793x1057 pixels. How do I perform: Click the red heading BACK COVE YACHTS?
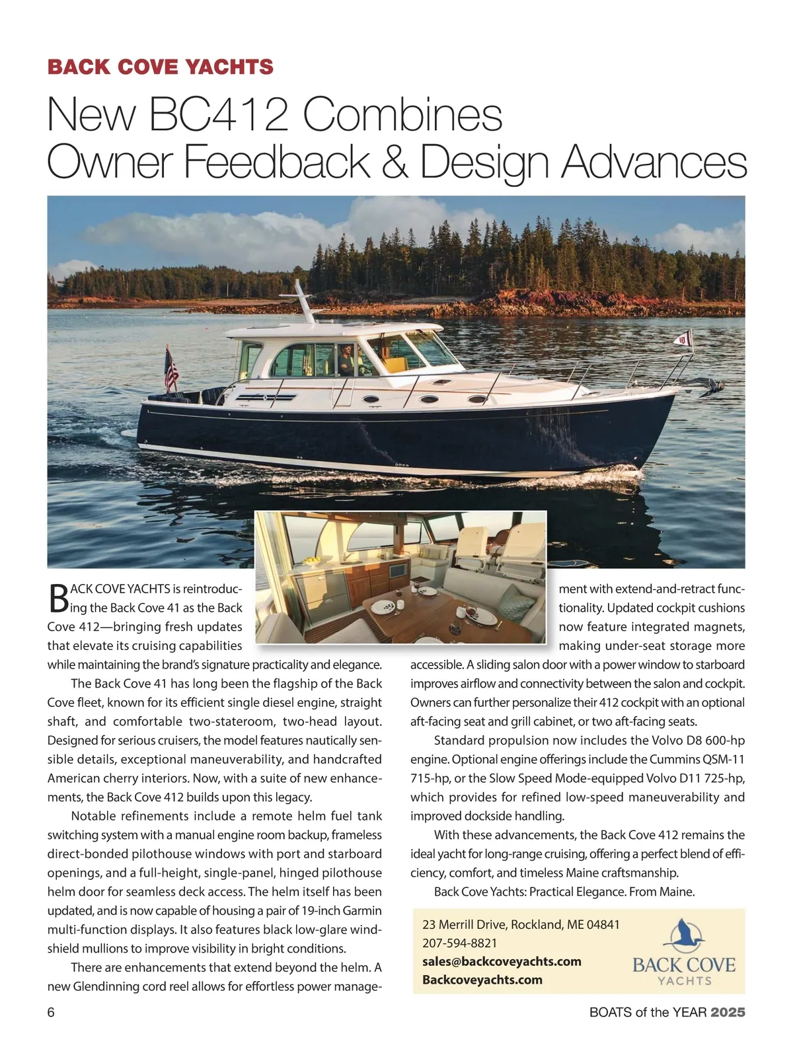click(x=160, y=67)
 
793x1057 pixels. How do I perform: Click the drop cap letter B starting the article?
click(x=58, y=597)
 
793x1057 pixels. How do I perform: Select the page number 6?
click(x=51, y=1012)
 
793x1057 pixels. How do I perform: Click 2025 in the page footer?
click(x=728, y=1012)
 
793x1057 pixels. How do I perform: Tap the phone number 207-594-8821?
click(x=460, y=943)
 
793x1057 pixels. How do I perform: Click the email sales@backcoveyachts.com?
click(x=502, y=961)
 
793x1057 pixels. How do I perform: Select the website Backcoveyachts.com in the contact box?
click(x=482, y=980)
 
